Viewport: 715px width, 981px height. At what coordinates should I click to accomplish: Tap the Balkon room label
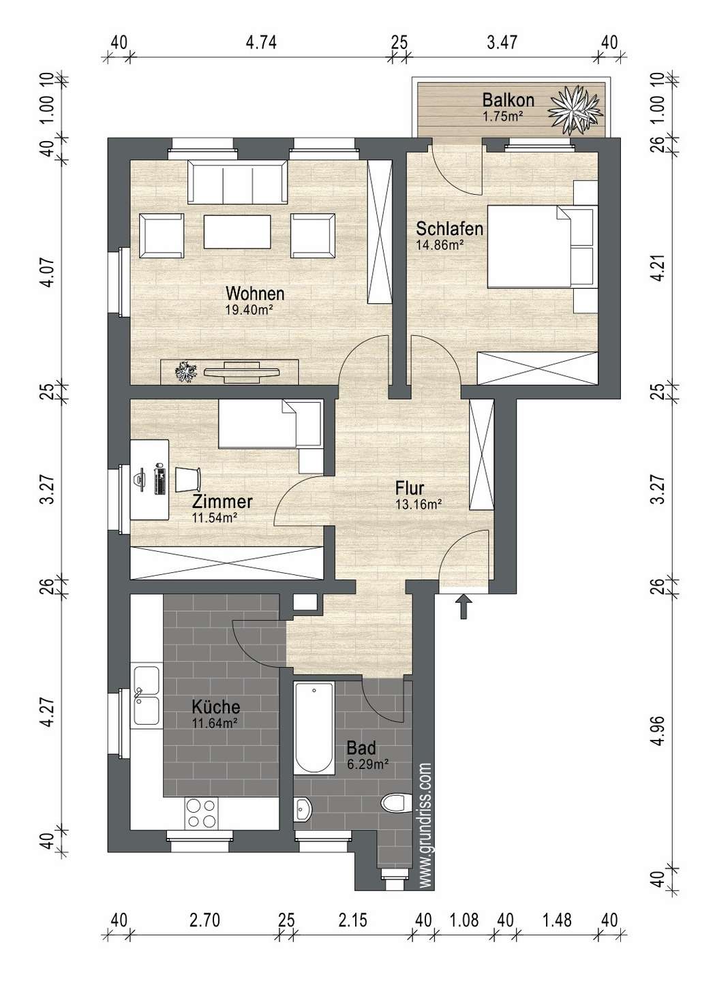pos(508,100)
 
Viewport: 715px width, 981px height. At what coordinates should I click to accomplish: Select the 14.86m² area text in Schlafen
pos(440,245)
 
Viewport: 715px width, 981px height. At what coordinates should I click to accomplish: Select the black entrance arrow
pos(463,606)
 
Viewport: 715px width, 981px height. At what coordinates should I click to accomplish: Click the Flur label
pos(410,488)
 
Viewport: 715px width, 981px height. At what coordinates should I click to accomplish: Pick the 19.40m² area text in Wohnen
pos(249,310)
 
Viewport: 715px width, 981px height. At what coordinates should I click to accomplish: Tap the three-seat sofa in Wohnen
pos(237,182)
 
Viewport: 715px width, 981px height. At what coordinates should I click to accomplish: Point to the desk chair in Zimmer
pos(188,480)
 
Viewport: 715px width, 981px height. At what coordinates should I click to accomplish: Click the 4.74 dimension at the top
pos(261,43)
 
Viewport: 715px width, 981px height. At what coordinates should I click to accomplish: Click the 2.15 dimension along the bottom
pos(352,920)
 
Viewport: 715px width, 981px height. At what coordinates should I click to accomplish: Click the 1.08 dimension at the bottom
pos(464,920)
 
